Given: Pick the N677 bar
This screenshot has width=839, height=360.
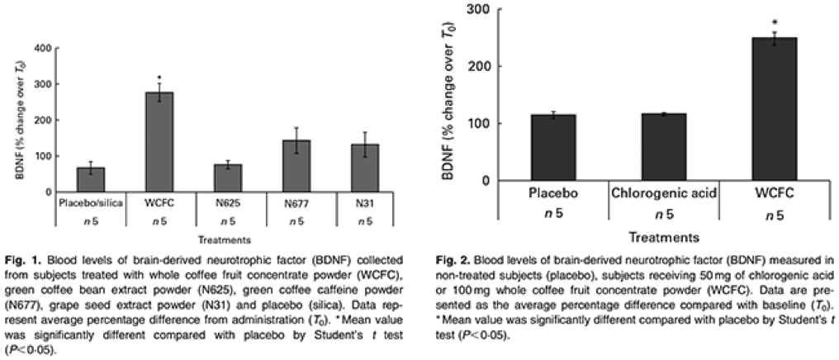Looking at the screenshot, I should pos(296,165).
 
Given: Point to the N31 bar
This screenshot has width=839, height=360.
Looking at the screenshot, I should pos(364,168).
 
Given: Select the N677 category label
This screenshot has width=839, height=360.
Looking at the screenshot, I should pos(296,202).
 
